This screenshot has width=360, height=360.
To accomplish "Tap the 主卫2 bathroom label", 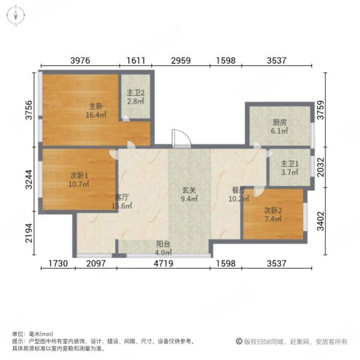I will (134, 92).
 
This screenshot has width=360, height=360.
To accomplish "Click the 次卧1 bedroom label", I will (79, 175).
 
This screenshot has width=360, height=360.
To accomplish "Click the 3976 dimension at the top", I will (81, 61).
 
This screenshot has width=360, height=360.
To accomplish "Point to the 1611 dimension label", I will (137, 61).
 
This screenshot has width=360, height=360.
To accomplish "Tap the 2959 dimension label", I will (181, 61).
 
